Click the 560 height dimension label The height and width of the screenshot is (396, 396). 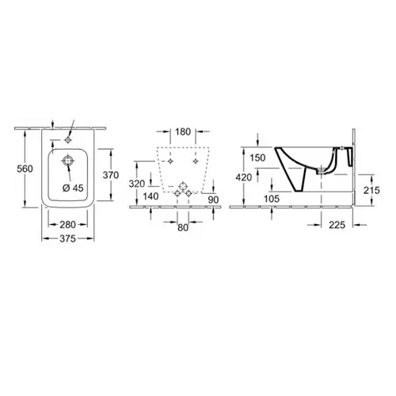25,169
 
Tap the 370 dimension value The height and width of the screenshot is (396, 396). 111,175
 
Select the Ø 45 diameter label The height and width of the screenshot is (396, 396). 73,188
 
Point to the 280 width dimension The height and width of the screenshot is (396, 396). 68,225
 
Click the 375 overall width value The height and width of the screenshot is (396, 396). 68,238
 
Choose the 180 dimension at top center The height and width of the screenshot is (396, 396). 183,131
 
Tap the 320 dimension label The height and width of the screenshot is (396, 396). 137,184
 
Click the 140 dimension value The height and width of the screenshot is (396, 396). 150,196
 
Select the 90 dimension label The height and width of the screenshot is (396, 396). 213,200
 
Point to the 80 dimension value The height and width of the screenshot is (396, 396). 183,227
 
